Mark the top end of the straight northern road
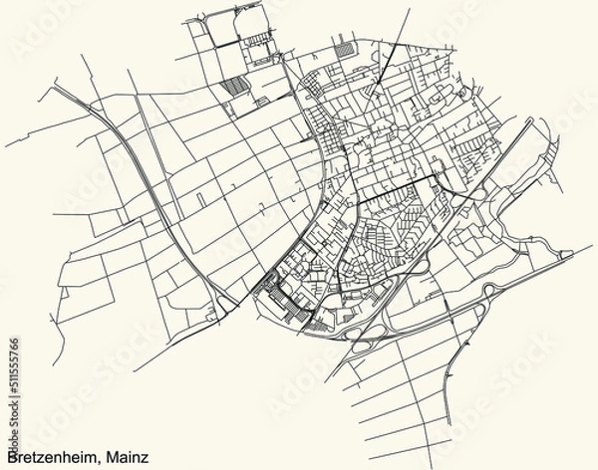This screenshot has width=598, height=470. (407, 12)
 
